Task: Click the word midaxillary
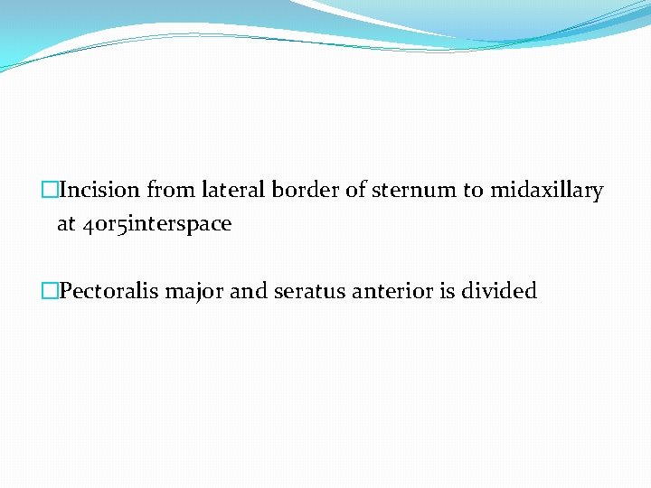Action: click(547, 191)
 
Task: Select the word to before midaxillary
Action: click(474, 191)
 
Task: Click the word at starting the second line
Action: click(66, 224)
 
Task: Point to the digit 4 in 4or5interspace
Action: click(86, 225)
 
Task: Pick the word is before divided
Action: click(449, 291)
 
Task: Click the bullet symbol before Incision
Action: click(49, 191)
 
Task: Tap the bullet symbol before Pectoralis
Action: click(49, 291)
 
